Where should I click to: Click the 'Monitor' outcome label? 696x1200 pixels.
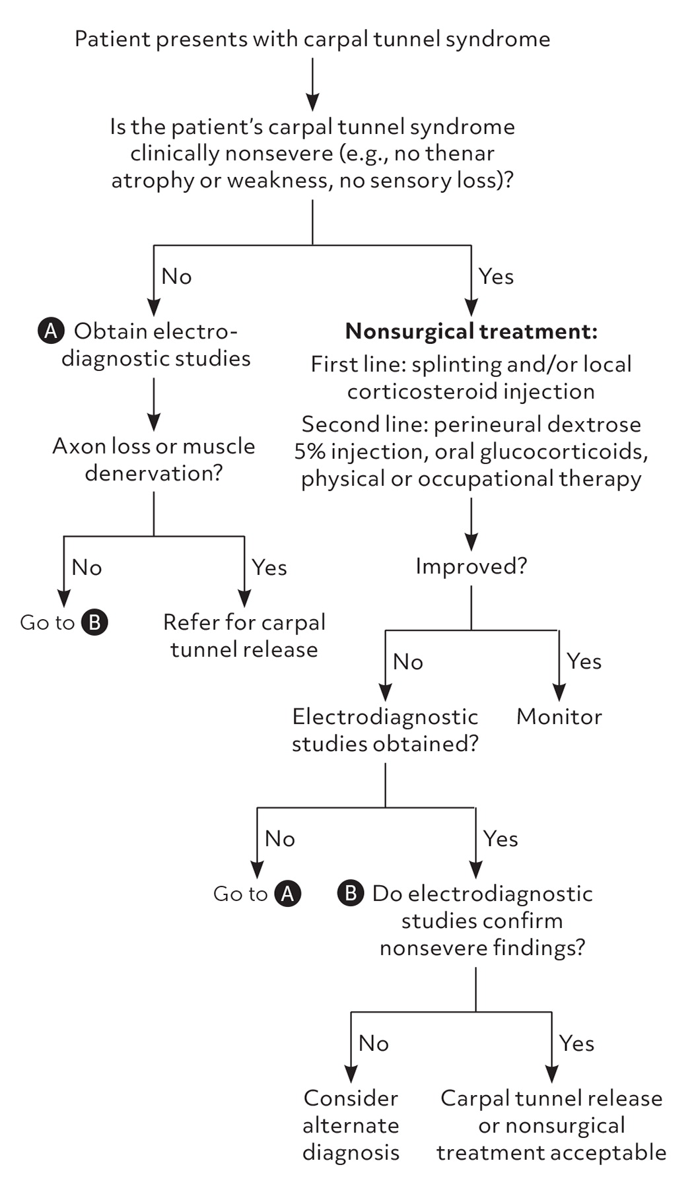(559, 717)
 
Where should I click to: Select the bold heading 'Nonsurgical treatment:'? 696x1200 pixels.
(471, 331)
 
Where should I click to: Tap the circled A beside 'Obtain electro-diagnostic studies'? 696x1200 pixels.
(51, 331)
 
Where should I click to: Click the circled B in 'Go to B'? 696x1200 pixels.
(94, 622)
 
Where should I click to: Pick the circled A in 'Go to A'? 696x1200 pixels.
(287, 894)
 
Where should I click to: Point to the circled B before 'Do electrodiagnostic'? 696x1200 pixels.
(351, 894)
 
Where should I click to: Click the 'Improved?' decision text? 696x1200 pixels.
(471, 566)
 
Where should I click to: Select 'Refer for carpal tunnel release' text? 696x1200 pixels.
(244, 636)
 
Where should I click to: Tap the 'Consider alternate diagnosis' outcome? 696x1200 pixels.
(351, 1125)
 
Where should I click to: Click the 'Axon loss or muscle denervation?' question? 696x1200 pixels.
(153, 459)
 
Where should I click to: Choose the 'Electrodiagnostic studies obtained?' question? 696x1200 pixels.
(385, 730)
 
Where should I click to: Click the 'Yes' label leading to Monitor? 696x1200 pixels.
(584, 661)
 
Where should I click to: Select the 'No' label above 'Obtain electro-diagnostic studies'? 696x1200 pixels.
(176, 277)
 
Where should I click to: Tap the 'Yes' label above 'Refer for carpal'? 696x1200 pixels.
(269, 568)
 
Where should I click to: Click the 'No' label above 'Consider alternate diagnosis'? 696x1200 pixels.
(373, 1044)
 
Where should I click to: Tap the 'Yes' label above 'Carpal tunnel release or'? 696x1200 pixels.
(576, 1044)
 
